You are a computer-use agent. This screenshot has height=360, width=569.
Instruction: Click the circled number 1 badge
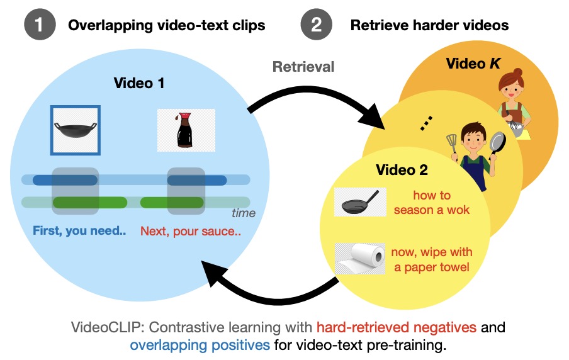pos(39,26)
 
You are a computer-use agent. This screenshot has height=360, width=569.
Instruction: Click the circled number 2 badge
pos(316,26)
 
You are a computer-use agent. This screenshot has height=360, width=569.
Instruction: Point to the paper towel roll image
pos(359,259)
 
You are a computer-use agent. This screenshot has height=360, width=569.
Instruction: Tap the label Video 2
pos(402,170)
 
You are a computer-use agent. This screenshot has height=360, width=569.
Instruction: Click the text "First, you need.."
pos(80,231)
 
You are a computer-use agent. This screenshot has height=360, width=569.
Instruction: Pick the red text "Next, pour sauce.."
pos(191,231)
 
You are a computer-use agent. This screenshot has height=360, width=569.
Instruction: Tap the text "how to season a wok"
pos(432,203)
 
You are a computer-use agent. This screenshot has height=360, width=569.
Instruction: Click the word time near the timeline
pos(244,213)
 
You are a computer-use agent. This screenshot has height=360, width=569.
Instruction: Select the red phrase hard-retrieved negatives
pos(398,327)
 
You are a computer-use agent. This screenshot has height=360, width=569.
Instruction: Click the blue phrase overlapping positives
pos(200,346)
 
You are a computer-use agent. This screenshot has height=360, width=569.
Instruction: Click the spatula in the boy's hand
pos(451,142)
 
